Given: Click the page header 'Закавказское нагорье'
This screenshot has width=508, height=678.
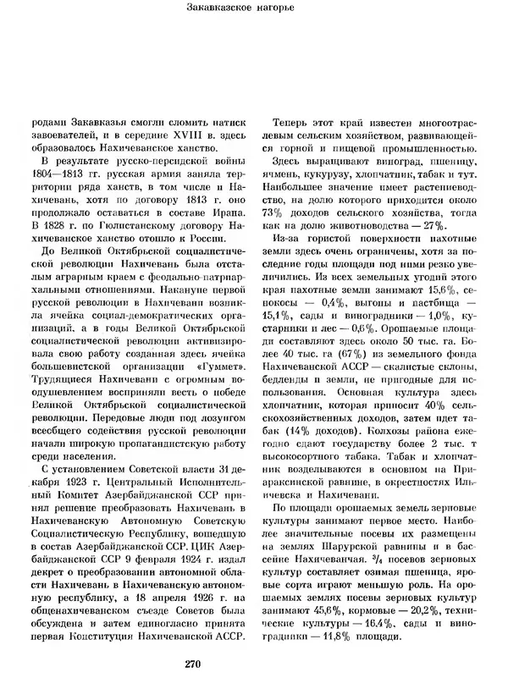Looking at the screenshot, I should pyautogui.click(x=253, y=10).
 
